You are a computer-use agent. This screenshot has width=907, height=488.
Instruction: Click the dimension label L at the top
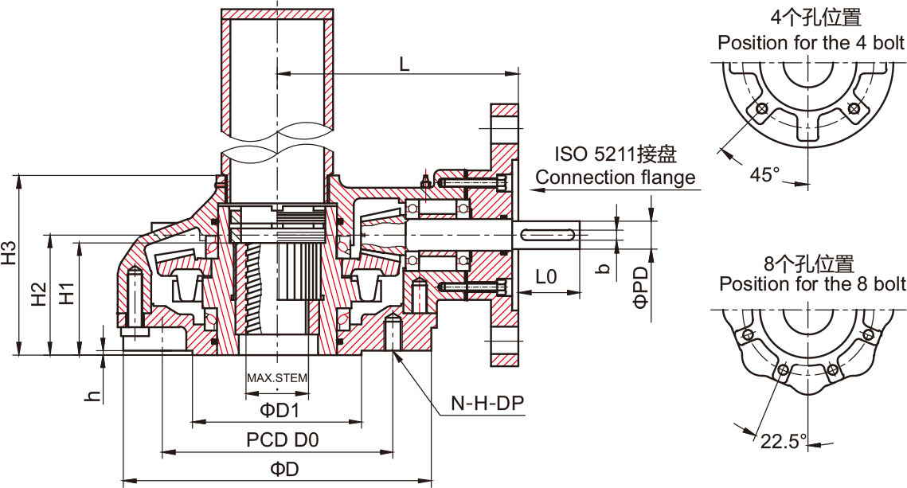point(405,64)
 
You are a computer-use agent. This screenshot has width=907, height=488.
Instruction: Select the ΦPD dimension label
point(640,287)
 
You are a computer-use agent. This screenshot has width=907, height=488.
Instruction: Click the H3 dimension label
point(9,252)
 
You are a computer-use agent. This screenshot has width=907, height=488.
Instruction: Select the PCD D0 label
point(282,440)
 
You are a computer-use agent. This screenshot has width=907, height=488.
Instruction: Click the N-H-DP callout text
point(488,404)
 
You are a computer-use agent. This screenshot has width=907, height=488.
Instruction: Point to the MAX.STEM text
point(276,378)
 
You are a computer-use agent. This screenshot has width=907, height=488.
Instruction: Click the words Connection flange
point(616,178)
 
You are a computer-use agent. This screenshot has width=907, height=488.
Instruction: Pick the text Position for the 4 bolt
point(811,43)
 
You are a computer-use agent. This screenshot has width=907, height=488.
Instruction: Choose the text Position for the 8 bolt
point(812,284)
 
